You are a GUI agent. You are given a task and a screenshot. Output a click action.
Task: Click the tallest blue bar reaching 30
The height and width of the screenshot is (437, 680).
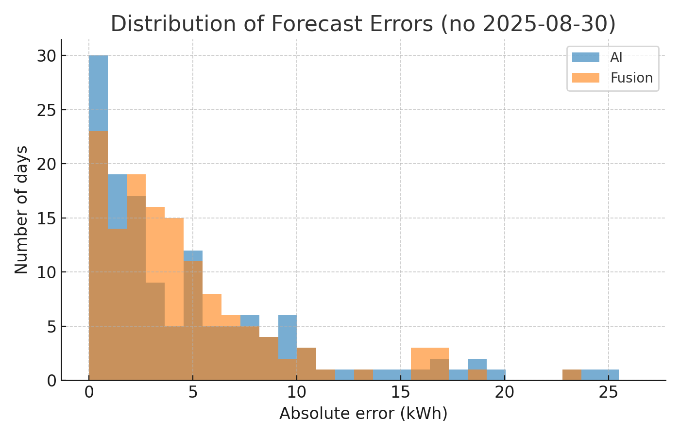[x=98, y=92]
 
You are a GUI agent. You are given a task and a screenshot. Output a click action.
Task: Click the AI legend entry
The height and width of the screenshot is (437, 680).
[x=616, y=58]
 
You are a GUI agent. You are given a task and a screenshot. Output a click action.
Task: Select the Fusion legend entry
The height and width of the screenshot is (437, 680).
[x=631, y=78]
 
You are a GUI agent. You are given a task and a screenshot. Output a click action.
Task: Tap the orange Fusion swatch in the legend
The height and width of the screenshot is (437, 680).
[x=585, y=78]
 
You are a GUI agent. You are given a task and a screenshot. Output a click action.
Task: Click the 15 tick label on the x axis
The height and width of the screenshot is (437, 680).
[x=401, y=392]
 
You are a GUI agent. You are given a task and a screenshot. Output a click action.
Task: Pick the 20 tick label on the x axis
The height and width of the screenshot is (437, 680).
[x=505, y=392]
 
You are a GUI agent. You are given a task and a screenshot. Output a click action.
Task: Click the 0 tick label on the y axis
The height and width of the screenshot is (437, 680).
[x=51, y=381]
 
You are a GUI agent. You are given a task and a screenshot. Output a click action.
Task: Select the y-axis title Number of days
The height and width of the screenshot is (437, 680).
[x=21, y=210]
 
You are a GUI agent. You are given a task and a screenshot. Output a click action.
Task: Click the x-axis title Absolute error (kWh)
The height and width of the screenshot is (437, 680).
[x=363, y=414]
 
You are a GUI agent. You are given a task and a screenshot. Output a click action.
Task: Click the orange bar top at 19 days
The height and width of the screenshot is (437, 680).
[x=136, y=185]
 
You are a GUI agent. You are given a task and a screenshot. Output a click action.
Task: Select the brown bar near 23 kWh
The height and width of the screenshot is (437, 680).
[x=572, y=375]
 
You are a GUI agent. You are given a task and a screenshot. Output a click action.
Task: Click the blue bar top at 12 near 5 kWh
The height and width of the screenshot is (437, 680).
[x=193, y=256]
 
